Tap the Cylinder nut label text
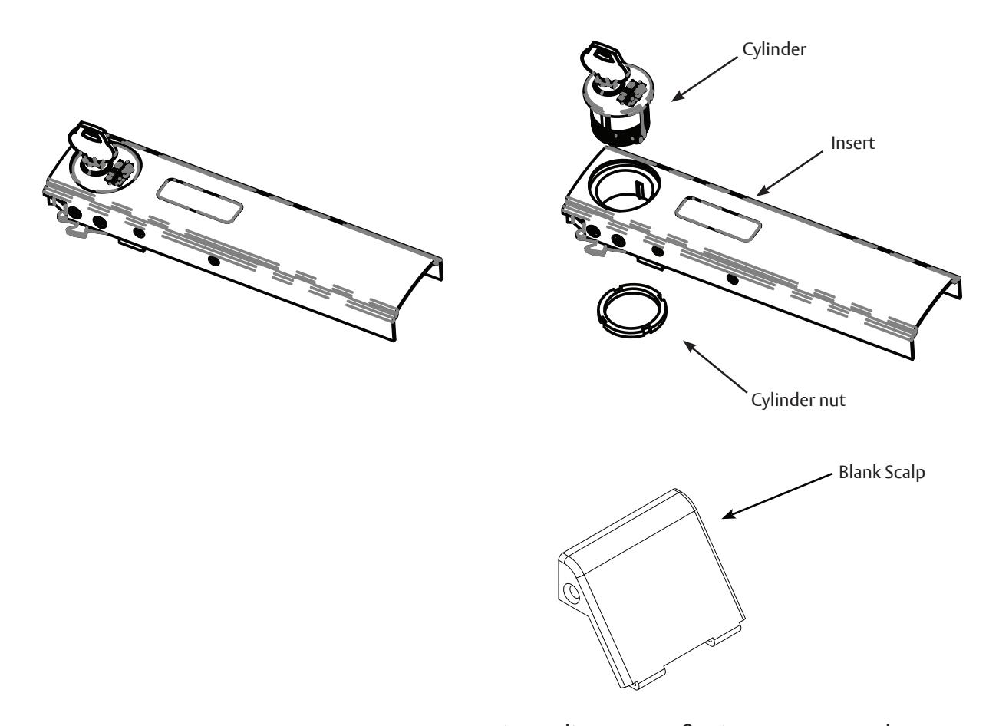point(798,400)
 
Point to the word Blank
point(866,472)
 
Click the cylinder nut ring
point(631,314)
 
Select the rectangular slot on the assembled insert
point(199,202)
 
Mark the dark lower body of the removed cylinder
point(620,127)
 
